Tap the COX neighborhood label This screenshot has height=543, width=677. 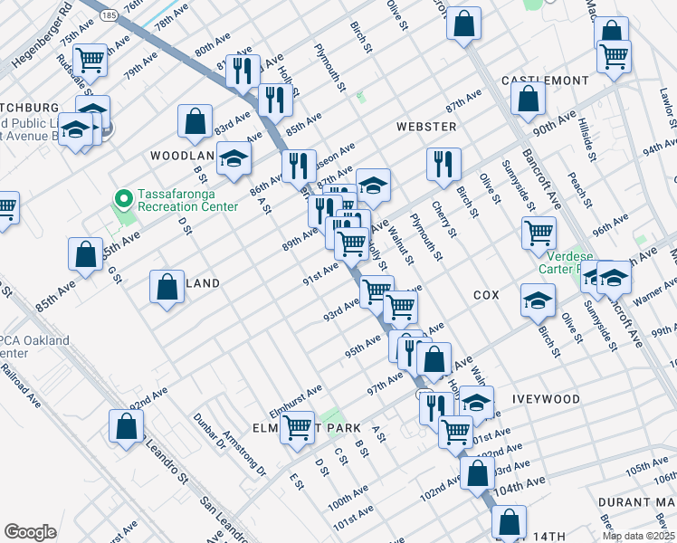(486, 295)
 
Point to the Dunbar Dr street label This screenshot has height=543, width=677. (207, 432)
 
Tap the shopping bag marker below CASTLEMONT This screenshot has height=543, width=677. (529, 99)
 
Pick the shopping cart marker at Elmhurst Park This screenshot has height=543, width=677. (298, 427)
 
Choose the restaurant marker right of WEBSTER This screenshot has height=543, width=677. (443, 165)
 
